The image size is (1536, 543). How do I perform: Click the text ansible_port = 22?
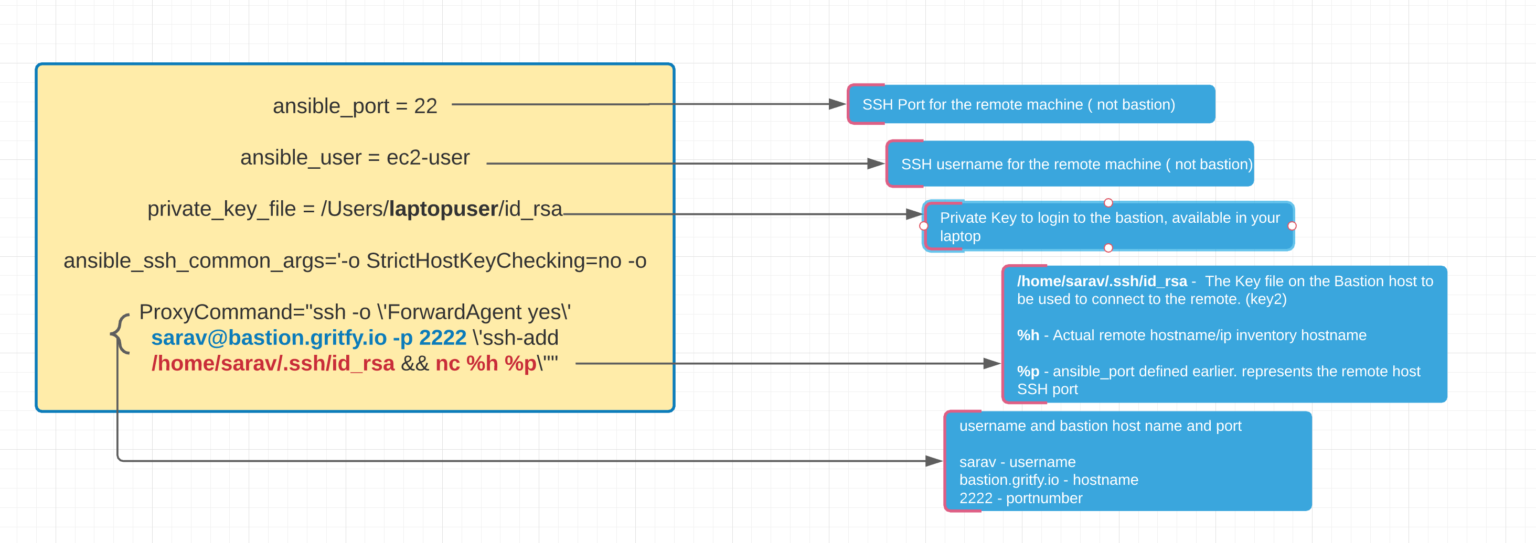(x=355, y=105)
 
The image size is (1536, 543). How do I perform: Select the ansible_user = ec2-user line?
(x=355, y=158)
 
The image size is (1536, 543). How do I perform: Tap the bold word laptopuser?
(x=444, y=209)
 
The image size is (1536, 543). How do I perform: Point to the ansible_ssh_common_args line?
(x=355, y=261)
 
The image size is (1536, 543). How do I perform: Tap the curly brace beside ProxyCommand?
(x=120, y=334)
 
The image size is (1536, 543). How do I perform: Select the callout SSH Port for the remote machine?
(x=1031, y=104)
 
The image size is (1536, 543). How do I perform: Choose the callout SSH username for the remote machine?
(x=1070, y=164)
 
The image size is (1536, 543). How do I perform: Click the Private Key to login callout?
(x=1108, y=226)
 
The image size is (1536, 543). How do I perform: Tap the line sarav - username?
(x=1017, y=462)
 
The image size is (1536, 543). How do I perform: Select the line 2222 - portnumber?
(x=1020, y=498)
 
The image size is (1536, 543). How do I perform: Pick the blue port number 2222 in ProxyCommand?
(x=443, y=338)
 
